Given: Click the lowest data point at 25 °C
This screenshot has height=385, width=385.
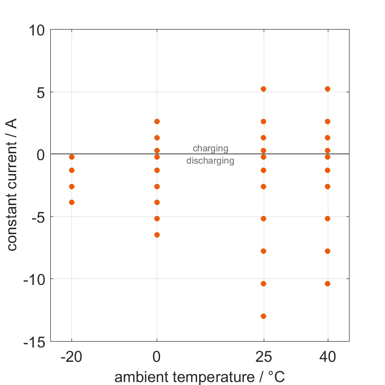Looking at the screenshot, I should click(x=263, y=316).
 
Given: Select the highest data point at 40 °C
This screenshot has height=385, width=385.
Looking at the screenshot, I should click(x=327, y=89).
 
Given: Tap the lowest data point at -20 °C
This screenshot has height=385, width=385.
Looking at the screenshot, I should click(x=71, y=202).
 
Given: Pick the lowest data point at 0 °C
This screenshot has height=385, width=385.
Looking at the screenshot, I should click(x=157, y=235).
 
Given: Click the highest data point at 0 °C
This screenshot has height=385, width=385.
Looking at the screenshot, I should click(x=157, y=121).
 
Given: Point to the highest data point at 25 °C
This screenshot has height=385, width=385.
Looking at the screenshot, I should click(x=263, y=89).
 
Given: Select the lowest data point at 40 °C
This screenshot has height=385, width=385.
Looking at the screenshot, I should click(x=327, y=283).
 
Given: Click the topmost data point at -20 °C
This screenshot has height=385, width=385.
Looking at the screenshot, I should click(x=71, y=157).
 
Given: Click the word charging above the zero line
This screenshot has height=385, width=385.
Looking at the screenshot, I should click(x=210, y=148).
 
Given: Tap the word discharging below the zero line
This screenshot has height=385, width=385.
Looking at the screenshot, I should click(x=210, y=160).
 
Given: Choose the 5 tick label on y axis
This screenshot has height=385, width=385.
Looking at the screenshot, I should click(x=40, y=92).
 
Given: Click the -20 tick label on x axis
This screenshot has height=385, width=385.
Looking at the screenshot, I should click(x=71, y=357).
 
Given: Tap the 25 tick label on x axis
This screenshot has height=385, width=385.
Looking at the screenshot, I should click(x=263, y=357).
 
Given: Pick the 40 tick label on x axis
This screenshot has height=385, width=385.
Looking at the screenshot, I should click(x=327, y=357).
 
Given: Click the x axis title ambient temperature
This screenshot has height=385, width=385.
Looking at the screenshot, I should click(x=200, y=377).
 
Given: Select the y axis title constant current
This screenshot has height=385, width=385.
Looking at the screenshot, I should click(x=12, y=185).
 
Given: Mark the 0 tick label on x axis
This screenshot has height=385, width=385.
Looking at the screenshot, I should click(x=157, y=357).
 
